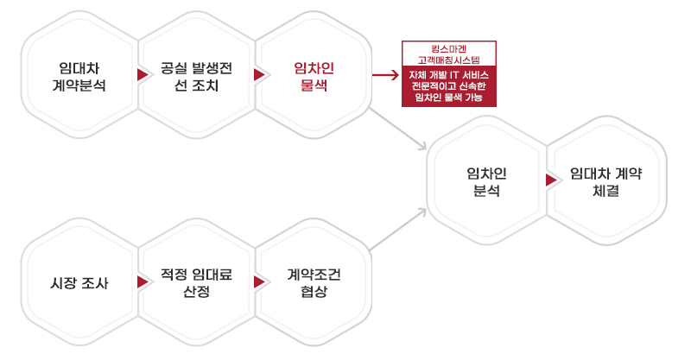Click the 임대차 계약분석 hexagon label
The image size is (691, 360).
(x=79, y=77)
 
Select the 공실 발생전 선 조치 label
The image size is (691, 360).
(x=197, y=77)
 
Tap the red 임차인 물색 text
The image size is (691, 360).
(x=314, y=77)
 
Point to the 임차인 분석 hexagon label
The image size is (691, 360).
(x=486, y=181)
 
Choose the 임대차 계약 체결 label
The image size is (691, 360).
(x=606, y=181)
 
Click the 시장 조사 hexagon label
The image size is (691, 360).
(x=79, y=283)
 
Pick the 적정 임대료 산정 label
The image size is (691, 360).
(x=197, y=283)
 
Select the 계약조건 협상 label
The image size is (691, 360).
(x=314, y=283)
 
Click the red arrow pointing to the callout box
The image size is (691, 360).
(x=385, y=75)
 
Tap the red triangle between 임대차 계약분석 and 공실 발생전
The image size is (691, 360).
(x=143, y=75)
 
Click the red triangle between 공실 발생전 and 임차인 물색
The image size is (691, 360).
(x=259, y=75)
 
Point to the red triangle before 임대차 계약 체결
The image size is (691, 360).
(x=551, y=180)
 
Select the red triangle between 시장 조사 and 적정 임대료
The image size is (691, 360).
(x=143, y=282)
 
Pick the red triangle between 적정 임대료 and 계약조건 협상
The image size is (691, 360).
(x=259, y=282)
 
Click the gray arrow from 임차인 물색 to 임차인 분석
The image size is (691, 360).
(x=398, y=129)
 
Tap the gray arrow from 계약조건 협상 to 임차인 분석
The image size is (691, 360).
(x=398, y=230)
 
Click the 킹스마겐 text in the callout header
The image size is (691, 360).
(x=448, y=49)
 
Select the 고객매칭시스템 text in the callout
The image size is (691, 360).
(x=448, y=60)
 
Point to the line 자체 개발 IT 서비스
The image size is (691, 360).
(x=448, y=75)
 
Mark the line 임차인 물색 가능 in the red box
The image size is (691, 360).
(x=448, y=97)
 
